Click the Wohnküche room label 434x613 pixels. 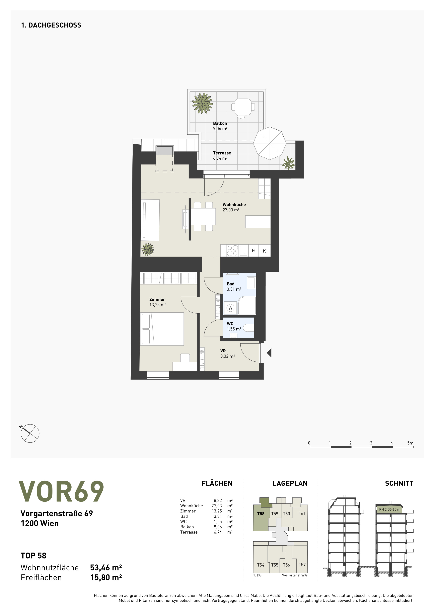[x=234, y=205]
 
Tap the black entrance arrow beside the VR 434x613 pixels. [x=269, y=353]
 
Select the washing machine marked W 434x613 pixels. [x=230, y=308]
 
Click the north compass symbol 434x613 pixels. [x=29, y=433]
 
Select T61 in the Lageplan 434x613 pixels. [x=302, y=513]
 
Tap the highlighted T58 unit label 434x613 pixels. [x=261, y=514]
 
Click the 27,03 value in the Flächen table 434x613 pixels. [x=217, y=506]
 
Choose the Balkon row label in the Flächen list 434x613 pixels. [x=187, y=527]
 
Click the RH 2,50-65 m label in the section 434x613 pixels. [x=390, y=509]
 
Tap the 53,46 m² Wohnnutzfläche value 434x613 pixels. [x=106, y=567]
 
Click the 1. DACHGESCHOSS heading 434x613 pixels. [x=51, y=25]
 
